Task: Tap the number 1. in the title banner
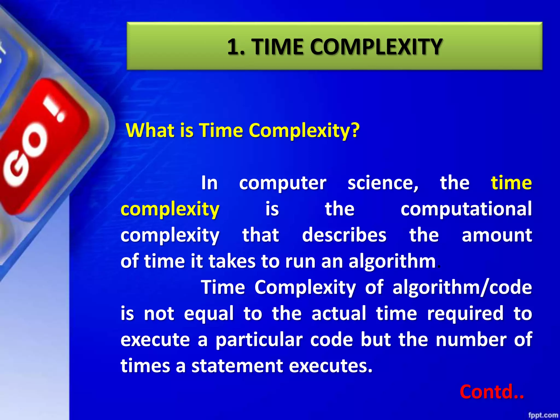tap(236, 47)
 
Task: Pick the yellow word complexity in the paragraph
tap(170, 209)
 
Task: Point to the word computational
tap(466, 209)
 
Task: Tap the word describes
tap(344, 235)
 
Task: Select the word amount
tap(497, 235)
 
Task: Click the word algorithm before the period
tap(392, 261)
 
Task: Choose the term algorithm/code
tap(462, 288)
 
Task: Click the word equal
tap(209, 314)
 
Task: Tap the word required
tap(465, 313)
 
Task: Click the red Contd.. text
tap(492, 392)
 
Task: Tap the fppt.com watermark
tap(543, 415)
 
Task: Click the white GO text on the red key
tap(26, 156)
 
